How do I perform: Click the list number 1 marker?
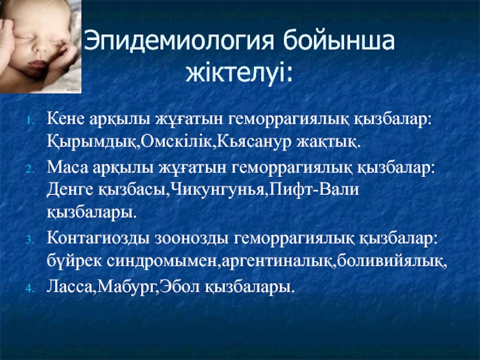[30, 121]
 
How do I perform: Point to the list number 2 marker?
[30, 169]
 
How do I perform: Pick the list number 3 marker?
[30, 239]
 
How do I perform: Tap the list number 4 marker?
[30, 288]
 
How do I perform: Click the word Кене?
[65, 118]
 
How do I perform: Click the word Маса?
[68, 168]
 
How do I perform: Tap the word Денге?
[70, 190]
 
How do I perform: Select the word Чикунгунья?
[217, 190]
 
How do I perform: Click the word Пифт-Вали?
[314, 189]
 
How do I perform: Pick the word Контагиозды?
[98, 238]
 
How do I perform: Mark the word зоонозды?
[191, 239]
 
